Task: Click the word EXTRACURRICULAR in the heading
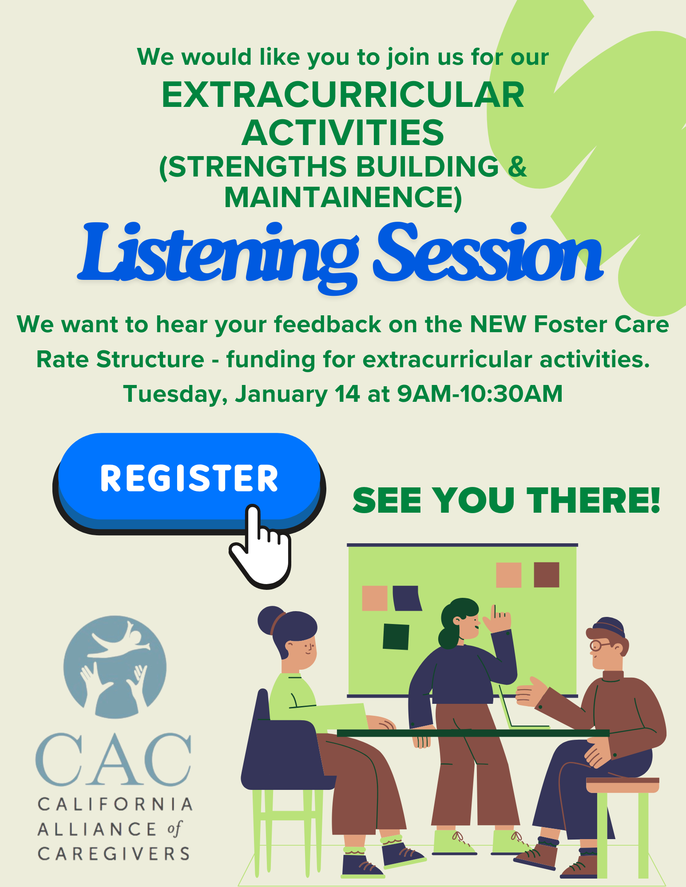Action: pos(343,95)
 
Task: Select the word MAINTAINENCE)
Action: pos(343,197)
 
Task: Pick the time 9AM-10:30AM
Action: pos(480,393)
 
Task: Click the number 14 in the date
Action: pos(347,393)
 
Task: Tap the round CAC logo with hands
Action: pos(115,667)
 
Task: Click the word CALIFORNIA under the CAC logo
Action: pos(115,804)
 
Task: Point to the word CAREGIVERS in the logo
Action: pos(114,854)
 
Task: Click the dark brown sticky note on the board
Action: pos(546,575)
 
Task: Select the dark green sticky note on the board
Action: pos(396,636)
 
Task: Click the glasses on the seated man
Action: pos(600,645)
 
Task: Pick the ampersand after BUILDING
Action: pos(517,166)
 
